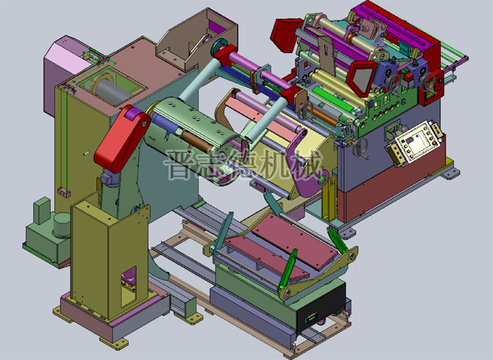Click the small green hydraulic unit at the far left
(48, 236)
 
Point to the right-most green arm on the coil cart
(335, 240)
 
